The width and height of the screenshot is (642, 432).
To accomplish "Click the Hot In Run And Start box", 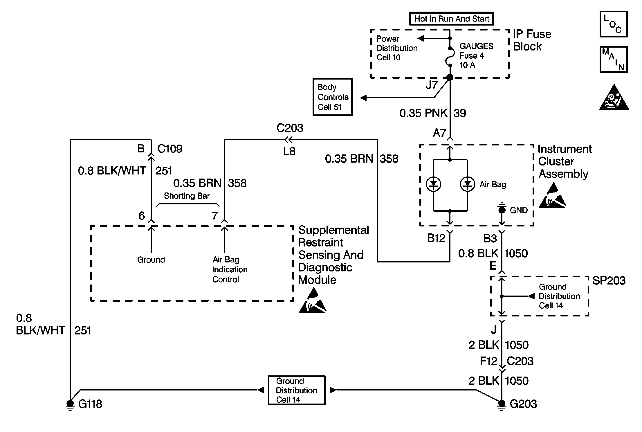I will click(451, 19).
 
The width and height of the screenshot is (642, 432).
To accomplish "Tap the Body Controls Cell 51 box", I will click(333, 97).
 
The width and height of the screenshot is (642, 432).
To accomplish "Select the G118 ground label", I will click(90, 404).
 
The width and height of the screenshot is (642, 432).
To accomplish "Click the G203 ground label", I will click(523, 404).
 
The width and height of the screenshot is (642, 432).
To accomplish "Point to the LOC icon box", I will click(614, 24).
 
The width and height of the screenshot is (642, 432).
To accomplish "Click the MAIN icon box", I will click(614, 60).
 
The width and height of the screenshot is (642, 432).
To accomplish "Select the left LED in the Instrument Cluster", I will click(433, 184).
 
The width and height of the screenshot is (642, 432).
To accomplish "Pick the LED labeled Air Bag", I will click(467, 184).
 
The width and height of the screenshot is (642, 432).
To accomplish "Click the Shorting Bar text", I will click(187, 196).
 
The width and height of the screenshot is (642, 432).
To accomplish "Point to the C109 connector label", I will click(170, 149).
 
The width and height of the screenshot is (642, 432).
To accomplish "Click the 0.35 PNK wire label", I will click(423, 113).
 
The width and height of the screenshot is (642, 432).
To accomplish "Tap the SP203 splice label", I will click(609, 280).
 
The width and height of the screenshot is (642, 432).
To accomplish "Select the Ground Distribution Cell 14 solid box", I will click(296, 390).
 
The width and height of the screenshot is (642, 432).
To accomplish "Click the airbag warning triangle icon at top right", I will click(614, 98).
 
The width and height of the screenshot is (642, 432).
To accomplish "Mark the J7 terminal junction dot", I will click(450, 78).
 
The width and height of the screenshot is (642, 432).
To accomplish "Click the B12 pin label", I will click(436, 238).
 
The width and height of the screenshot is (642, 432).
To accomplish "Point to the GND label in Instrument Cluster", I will click(519, 210).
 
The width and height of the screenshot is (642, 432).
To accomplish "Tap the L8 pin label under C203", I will click(289, 151).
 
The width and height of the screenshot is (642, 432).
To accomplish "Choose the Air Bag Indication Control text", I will click(230, 269).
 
